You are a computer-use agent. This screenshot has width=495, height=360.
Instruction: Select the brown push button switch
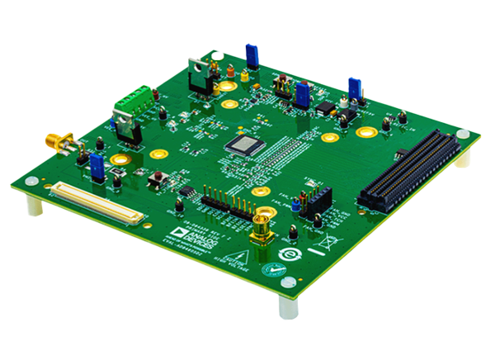(x=154, y=177)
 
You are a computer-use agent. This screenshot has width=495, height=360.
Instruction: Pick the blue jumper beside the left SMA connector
(x=97, y=164)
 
